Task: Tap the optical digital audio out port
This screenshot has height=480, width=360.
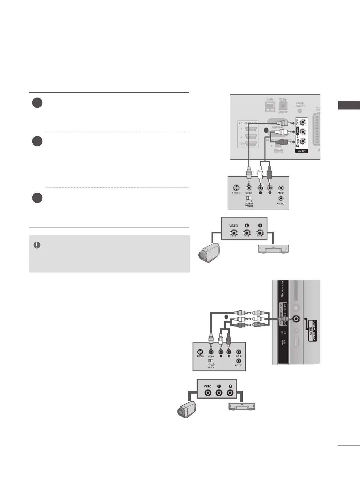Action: (x=283, y=106)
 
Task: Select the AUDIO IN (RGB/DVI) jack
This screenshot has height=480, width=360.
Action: (x=299, y=110)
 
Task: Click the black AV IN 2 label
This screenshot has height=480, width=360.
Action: (x=301, y=151)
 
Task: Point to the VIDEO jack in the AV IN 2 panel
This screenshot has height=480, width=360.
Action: (x=303, y=122)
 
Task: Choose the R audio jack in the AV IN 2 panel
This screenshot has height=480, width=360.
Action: (x=303, y=141)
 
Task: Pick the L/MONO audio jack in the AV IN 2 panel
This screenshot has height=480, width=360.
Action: (x=303, y=132)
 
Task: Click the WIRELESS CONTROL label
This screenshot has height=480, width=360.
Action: (x=278, y=151)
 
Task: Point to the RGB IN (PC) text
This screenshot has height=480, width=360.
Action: (x=278, y=127)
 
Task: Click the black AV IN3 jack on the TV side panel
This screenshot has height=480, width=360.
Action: (x=295, y=318)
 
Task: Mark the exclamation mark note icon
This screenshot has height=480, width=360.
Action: (x=37, y=245)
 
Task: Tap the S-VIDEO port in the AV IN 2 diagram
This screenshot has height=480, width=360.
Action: (x=236, y=188)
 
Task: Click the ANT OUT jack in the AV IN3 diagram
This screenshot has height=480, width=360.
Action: (x=238, y=361)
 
